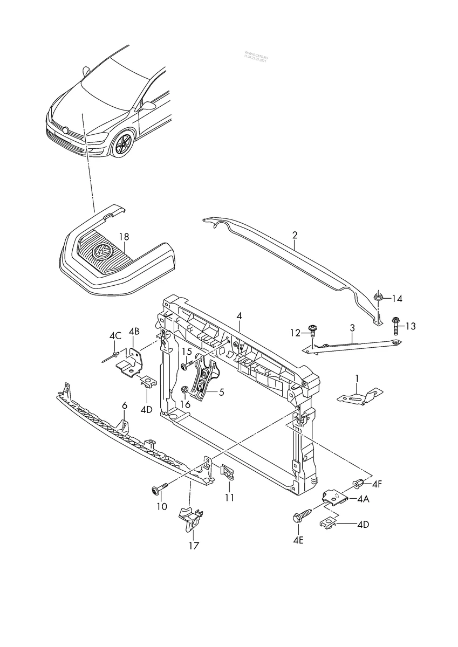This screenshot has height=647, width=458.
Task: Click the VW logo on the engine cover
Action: click(x=101, y=250)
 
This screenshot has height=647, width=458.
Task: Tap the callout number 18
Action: click(x=124, y=237)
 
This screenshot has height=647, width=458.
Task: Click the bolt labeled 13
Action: click(x=395, y=325)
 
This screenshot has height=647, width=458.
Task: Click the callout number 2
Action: click(x=295, y=235)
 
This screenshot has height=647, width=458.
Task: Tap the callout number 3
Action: click(x=352, y=327)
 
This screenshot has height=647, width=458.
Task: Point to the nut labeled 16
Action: click(x=186, y=389)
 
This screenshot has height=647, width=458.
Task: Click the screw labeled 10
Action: click(x=159, y=488)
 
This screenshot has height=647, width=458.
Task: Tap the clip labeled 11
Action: click(x=228, y=472)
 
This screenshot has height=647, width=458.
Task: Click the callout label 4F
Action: click(x=376, y=484)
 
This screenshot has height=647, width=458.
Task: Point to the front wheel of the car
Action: click(x=124, y=145)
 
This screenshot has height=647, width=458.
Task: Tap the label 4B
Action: click(x=134, y=331)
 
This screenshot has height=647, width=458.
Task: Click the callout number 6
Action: click(x=124, y=405)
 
